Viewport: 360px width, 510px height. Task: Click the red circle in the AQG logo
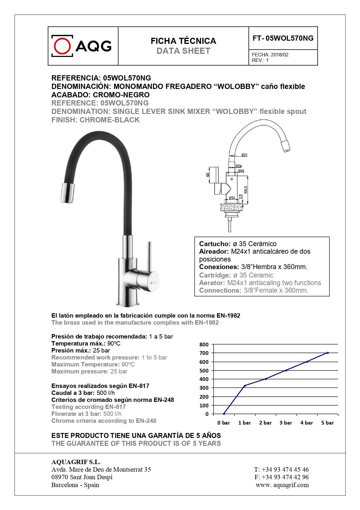pyautogui.click(x=62, y=46)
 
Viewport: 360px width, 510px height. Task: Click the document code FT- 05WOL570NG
pyautogui.click(x=283, y=38)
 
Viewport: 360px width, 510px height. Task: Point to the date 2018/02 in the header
pyautogui.click(x=280, y=55)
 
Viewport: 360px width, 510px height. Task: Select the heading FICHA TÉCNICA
pyautogui.click(x=183, y=41)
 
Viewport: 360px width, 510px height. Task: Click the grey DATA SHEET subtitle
pyautogui.click(x=183, y=51)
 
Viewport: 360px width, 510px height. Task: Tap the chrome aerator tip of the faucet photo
pyautogui.click(x=67, y=193)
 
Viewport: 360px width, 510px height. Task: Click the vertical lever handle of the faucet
pyautogui.click(x=150, y=256)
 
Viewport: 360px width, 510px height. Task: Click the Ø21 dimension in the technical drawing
pyautogui.click(x=244, y=155)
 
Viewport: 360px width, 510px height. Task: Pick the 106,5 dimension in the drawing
pyautogui.click(x=246, y=190)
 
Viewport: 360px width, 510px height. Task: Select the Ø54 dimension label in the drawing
pyautogui.click(x=231, y=198)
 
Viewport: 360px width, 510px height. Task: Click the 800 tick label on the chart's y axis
pyautogui.click(x=204, y=345)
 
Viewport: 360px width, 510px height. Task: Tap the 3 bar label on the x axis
pyautogui.click(x=286, y=423)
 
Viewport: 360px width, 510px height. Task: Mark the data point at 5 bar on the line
pyautogui.click(x=328, y=353)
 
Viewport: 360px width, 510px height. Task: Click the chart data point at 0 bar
pyautogui.click(x=224, y=414)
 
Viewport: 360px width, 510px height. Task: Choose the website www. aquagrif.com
pyautogui.click(x=282, y=485)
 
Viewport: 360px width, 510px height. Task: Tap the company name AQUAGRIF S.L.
pyautogui.click(x=76, y=462)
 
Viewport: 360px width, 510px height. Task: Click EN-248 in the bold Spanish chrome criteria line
pyautogui.click(x=164, y=400)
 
